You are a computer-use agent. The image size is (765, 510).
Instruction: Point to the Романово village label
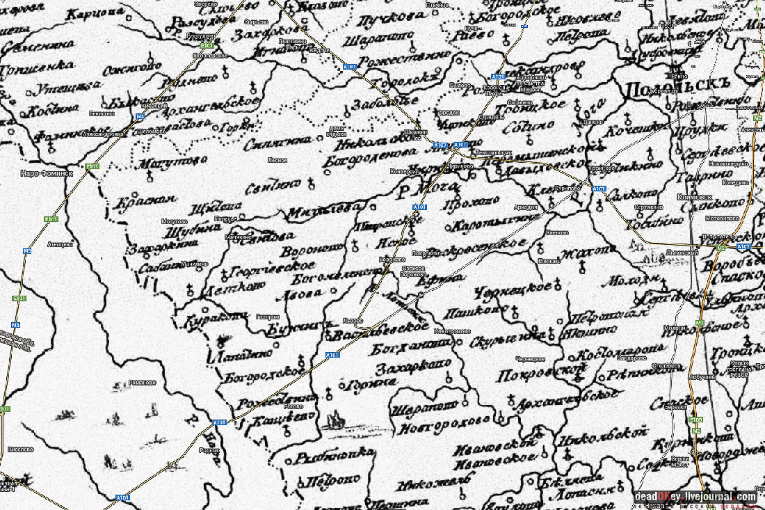143,383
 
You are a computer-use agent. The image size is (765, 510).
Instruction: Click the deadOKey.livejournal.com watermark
695,497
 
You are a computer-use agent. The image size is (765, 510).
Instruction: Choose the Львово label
353,321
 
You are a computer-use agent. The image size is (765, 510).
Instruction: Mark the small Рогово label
295,408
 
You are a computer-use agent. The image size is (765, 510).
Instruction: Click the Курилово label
569,189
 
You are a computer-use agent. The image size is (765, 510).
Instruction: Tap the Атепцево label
60,244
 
